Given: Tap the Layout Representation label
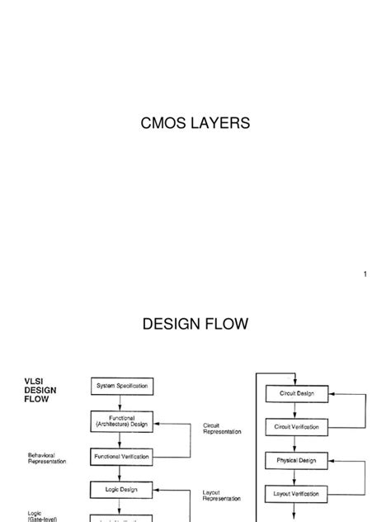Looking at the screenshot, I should [222, 496].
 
